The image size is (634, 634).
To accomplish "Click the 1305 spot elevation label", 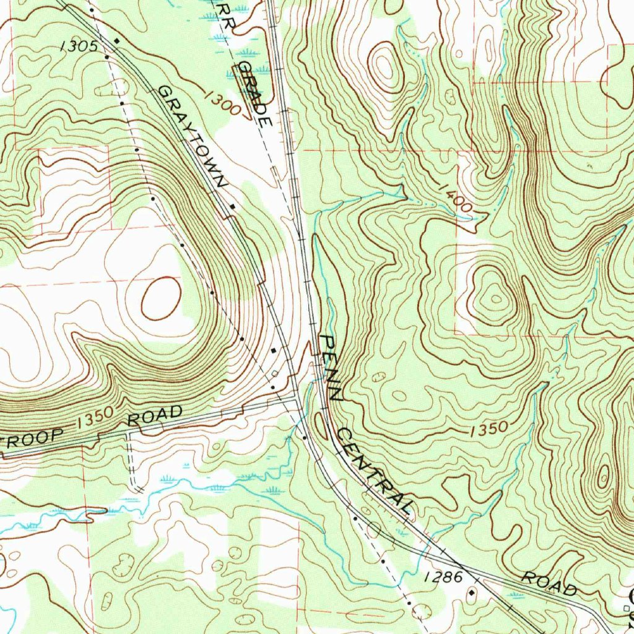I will click(x=79, y=45).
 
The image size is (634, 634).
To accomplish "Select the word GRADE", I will click(x=255, y=94).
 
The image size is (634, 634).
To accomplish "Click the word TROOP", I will click(x=31, y=440).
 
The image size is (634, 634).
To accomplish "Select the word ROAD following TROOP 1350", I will click(x=155, y=415).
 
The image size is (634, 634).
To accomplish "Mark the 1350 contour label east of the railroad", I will click(x=489, y=428).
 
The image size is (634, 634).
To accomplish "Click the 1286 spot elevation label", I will click(x=444, y=578).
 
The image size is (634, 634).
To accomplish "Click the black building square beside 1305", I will click(x=116, y=41).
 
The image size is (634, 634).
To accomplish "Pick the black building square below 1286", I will click(x=472, y=593).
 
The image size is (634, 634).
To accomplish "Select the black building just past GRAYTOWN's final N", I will click(x=232, y=206).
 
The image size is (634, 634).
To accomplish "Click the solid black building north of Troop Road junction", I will click(x=274, y=351).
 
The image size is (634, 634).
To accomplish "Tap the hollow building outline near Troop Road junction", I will click(x=275, y=373).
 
